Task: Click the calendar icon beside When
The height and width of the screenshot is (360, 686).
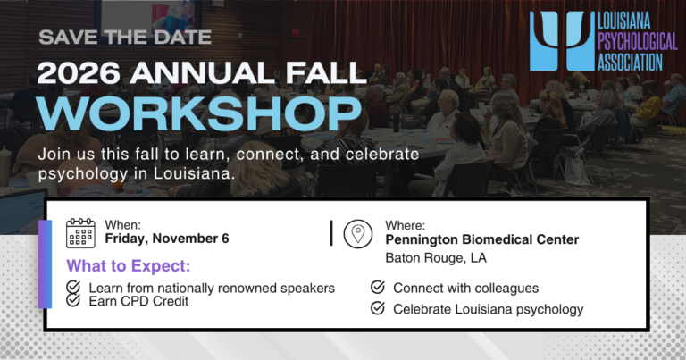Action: point(80,233)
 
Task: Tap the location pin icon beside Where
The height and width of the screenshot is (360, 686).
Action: point(358,234)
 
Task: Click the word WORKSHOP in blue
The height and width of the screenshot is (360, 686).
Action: point(199,113)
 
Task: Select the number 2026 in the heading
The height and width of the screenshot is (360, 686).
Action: point(79,72)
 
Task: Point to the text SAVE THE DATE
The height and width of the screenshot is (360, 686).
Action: point(125,38)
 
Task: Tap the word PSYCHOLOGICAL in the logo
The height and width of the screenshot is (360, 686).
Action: point(638,42)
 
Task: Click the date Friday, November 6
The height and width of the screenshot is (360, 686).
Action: point(167,239)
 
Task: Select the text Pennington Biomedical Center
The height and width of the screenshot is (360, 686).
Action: point(482,239)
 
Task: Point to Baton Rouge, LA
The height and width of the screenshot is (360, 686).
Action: point(436,257)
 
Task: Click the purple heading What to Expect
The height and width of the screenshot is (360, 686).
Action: point(129,266)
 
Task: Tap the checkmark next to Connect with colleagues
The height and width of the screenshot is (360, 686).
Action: point(378,287)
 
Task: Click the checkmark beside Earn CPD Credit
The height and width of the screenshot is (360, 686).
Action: point(73,300)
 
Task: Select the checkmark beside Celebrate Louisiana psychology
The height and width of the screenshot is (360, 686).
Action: point(378,308)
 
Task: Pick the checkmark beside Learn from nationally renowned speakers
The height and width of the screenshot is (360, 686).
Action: point(73,287)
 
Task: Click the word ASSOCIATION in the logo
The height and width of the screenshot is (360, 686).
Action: point(630,63)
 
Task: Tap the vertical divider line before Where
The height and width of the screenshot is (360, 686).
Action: point(331,233)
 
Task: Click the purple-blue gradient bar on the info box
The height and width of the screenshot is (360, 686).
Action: point(45,264)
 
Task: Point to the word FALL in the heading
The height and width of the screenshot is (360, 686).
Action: point(325,72)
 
